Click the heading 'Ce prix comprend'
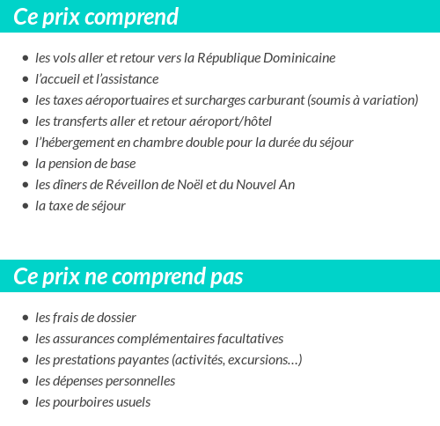pyautogui.click(x=96, y=17)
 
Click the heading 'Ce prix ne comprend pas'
pyautogui.click(x=128, y=276)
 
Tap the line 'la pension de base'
pyautogui.click(x=85, y=164)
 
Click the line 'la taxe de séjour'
pyautogui.click(x=81, y=206)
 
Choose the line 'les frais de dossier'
pyautogui.click(x=86, y=318)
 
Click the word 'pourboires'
pyautogui.click(x=81, y=402)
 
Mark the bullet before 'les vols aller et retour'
pyautogui.click(x=25, y=59)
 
